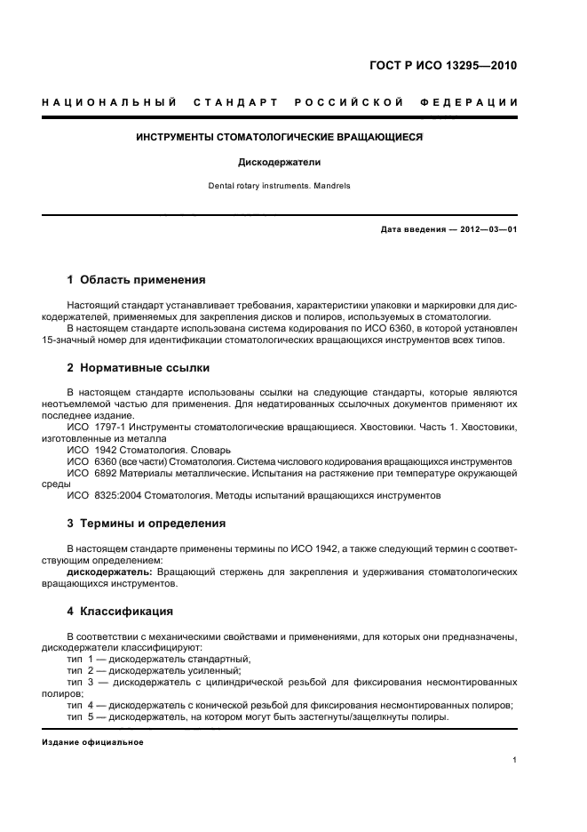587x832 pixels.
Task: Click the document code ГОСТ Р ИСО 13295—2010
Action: tap(443, 66)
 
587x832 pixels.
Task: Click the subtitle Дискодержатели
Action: tap(280, 163)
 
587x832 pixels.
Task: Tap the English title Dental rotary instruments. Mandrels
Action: tap(280, 187)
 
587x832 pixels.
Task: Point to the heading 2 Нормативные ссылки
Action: tap(139, 367)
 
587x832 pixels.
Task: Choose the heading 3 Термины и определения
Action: tap(147, 524)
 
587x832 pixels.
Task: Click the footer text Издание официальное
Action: tap(92, 742)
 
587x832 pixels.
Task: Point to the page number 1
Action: tap(515, 761)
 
